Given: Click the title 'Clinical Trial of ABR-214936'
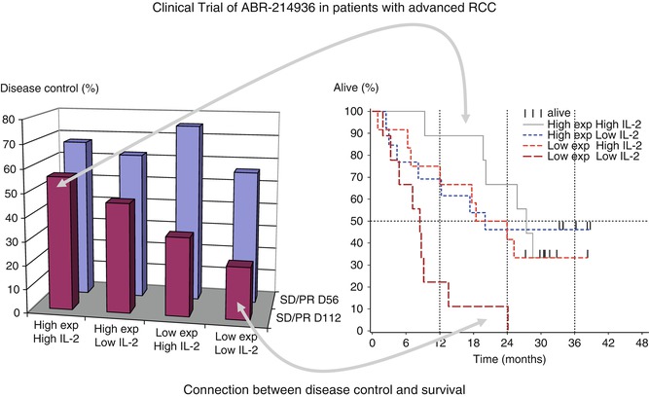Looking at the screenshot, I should pyautogui.click(x=323, y=12).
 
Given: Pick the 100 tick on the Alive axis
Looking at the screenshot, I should pyautogui.click(x=359, y=112).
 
